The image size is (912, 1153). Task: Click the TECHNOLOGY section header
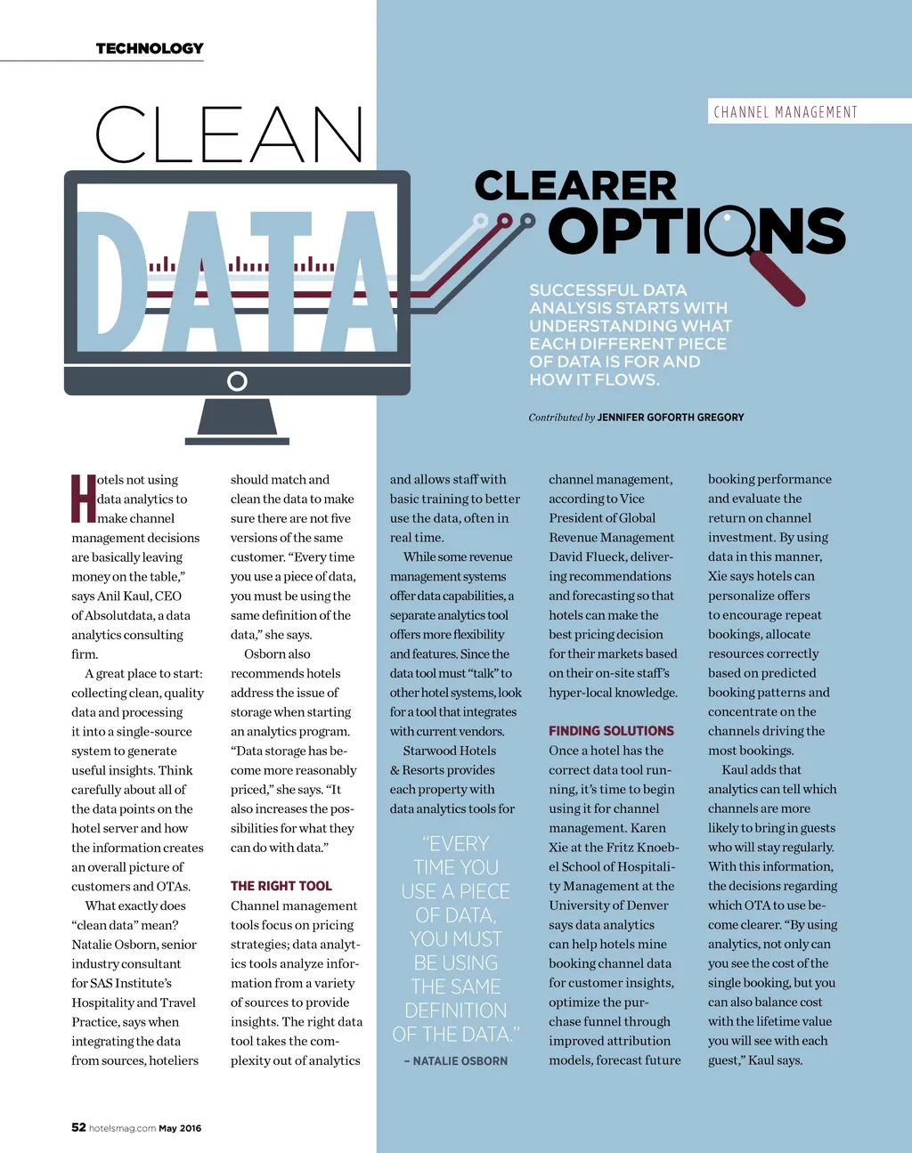tap(150, 48)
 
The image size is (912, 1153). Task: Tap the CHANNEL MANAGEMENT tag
tap(785, 112)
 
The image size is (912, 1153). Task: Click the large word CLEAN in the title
tap(229, 135)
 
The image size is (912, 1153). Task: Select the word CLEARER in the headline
tap(575, 186)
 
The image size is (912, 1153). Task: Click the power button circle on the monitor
tap(237, 381)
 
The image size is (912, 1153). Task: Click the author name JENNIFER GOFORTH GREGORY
tap(670, 417)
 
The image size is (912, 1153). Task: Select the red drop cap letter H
tap(83, 499)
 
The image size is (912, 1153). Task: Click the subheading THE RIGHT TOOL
tap(281, 886)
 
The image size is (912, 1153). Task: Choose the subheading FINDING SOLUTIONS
tap(611, 731)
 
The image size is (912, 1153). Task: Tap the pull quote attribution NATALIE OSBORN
tap(460, 1060)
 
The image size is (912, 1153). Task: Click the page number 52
tap(78, 1127)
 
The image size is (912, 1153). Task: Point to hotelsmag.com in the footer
tap(122, 1128)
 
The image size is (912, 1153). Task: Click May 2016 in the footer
tap(180, 1128)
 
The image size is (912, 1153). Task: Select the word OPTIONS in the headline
tap(696, 231)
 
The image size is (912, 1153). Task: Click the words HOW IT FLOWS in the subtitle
tap(594, 379)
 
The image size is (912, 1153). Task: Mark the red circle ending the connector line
tap(505, 220)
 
